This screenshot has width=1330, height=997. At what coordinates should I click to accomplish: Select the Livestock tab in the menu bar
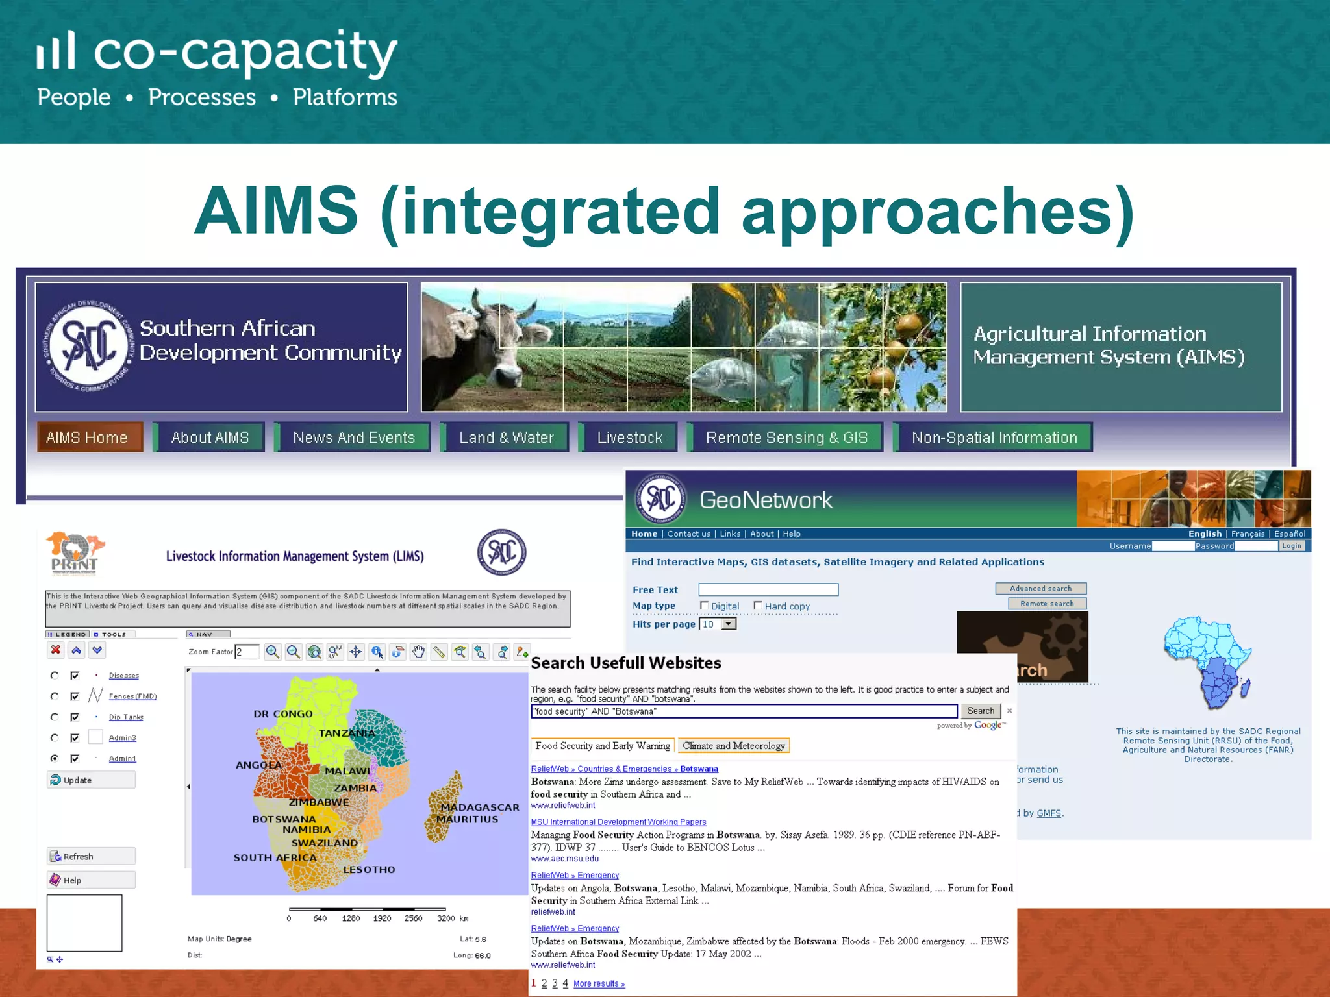point(629,437)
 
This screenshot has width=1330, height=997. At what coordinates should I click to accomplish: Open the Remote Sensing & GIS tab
point(786,437)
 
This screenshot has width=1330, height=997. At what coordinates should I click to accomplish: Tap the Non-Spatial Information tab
point(994,437)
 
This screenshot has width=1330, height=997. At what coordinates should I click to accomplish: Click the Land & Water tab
point(506,437)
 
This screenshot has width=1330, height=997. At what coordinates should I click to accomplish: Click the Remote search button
point(1047,604)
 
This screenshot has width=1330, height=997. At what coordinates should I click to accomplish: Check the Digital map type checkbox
point(704,606)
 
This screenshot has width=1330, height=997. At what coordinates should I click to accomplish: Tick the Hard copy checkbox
point(758,606)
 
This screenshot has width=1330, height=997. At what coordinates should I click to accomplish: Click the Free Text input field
point(768,589)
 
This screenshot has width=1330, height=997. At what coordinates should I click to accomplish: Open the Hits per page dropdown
point(729,624)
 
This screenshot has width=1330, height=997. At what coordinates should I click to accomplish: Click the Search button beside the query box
point(981,711)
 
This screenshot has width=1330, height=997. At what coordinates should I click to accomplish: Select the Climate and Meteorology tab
point(733,746)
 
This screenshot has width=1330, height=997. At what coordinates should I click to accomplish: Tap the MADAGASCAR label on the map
point(480,807)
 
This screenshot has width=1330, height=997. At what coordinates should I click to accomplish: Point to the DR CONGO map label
point(283,713)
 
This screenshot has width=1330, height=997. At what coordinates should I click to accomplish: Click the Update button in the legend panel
point(91,780)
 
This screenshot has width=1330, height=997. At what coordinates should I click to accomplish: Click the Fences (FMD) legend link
point(132,696)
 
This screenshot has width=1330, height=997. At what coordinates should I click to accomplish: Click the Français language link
point(1248,534)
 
